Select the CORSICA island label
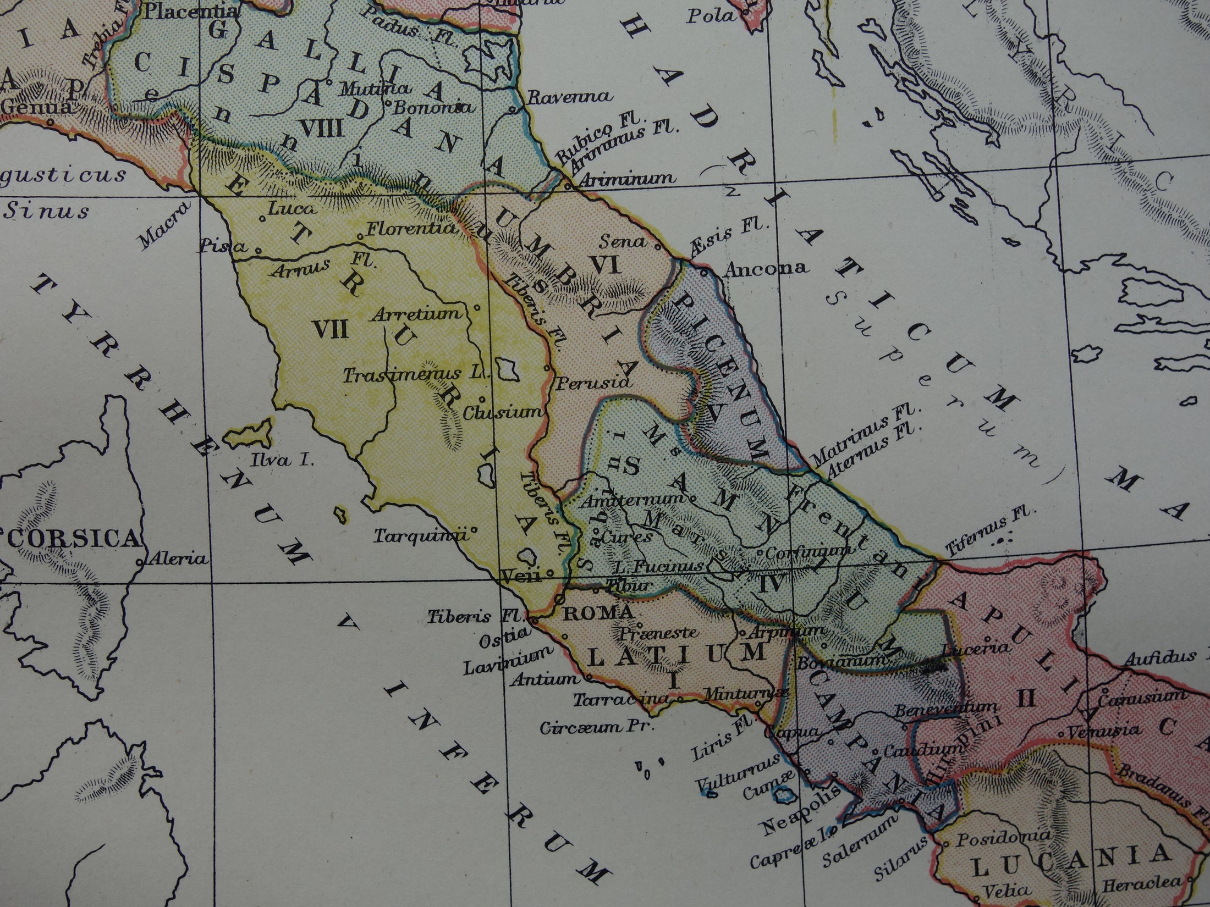pos(71,539)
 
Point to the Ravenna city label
pos(569,97)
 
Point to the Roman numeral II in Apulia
pos(1026,699)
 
